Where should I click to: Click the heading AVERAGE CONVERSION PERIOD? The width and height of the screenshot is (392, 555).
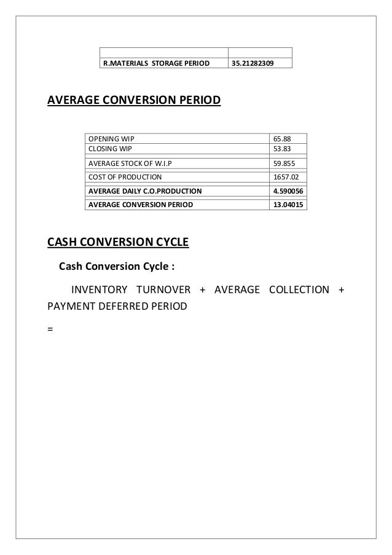[133, 100]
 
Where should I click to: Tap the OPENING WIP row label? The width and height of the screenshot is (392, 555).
[111, 139]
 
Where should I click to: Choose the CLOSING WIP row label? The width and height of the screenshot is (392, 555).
[110, 148]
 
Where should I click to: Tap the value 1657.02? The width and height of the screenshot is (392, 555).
[284, 177]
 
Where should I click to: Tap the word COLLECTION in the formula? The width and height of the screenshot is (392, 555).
[299, 289]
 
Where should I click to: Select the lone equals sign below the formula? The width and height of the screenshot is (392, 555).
[50, 328]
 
